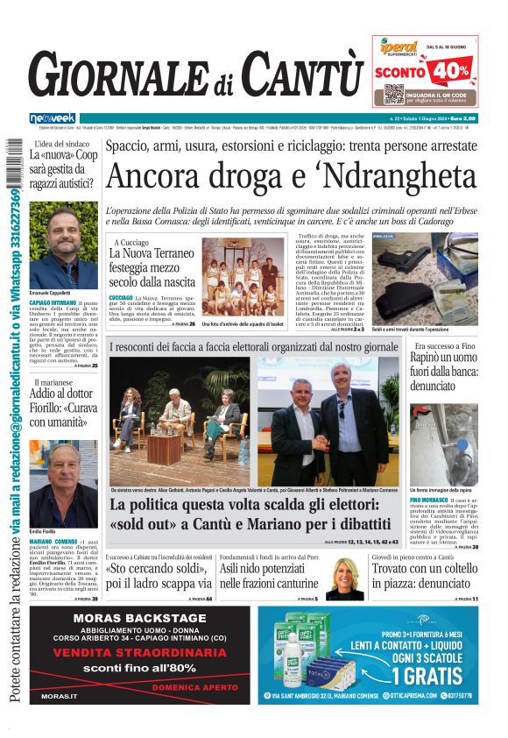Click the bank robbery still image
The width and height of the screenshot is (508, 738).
click(444, 443)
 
